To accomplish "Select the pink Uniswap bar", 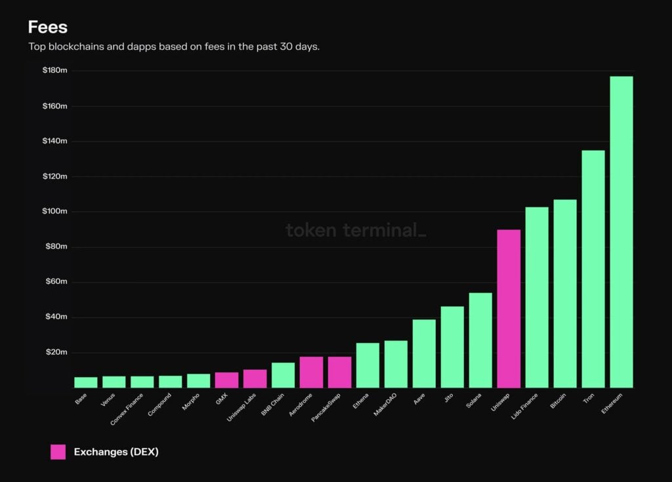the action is (509, 308).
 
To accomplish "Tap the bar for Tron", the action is (593, 269).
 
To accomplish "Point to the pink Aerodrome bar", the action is (311, 372).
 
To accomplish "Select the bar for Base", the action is (85, 382).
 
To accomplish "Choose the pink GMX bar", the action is (226, 380).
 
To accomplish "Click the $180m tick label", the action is (55, 70).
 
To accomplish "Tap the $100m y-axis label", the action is (55, 211).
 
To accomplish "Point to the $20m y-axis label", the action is (56, 352).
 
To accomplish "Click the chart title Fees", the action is (47, 28).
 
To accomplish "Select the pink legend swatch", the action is (58, 452).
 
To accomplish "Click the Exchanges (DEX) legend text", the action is (116, 452).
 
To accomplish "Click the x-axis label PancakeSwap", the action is (327, 407).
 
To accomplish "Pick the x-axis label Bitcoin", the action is (558, 401).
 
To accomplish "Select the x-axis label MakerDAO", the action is (385, 405).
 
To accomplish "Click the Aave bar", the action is (424, 353).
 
